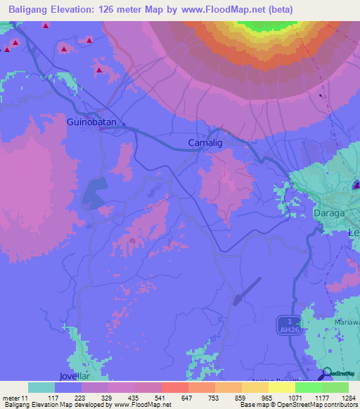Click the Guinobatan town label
[x=95, y=122]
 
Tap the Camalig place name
[x=206, y=143]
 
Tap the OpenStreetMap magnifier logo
[x=326, y=373]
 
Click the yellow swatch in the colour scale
[x=281, y=387]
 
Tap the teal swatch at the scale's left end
[x=41, y=387]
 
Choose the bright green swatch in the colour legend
[x=308, y=387]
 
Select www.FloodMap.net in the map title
[x=228, y=10]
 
